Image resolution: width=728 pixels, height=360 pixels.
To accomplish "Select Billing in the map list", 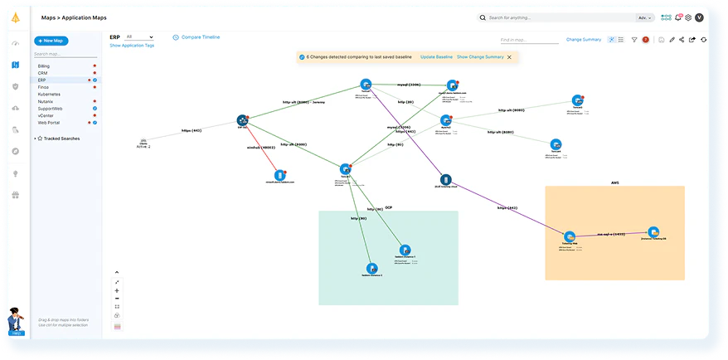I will point(44,66).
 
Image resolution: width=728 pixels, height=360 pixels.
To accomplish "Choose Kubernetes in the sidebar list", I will point(49,94).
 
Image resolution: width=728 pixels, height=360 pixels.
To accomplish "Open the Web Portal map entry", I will point(48,123).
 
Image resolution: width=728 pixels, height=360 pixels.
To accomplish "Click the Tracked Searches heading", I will point(61,139).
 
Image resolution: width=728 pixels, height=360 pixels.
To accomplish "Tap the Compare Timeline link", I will point(198,37).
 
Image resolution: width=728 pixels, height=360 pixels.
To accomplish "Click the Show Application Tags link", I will point(132,46).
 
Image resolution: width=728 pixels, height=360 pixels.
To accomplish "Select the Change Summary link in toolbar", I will point(584,39).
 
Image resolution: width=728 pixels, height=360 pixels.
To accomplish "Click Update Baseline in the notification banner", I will point(436,56).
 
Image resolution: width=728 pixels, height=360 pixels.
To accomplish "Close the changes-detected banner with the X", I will point(509,56).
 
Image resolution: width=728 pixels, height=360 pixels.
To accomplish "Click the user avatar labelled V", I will point(701,17).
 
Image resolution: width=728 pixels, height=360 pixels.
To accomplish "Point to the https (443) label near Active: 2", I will point(192,130).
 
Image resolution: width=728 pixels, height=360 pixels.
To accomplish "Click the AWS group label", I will point(614,182).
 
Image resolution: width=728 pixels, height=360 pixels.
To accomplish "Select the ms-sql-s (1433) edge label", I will point(613,235).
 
